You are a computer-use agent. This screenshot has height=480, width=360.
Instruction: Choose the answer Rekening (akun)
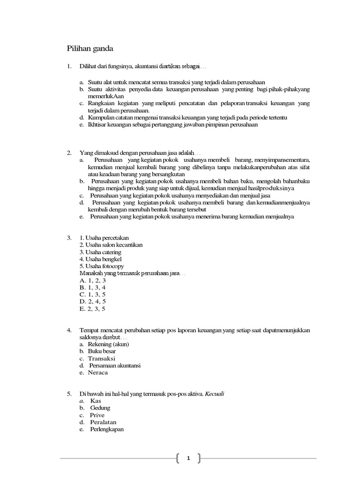click(108, 344)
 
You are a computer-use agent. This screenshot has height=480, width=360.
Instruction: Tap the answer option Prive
click(97, 415)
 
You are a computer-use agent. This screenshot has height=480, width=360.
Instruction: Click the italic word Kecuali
click(215, 394)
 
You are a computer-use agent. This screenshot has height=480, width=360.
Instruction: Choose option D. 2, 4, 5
click(93, 301)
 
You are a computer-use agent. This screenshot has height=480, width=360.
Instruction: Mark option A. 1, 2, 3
click(93, 280)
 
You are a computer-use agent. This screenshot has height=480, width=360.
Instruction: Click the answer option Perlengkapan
click(106, 429)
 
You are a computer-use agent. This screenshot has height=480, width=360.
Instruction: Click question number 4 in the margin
click(69, 330)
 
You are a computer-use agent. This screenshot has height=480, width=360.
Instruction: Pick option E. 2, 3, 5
click(93, 309)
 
